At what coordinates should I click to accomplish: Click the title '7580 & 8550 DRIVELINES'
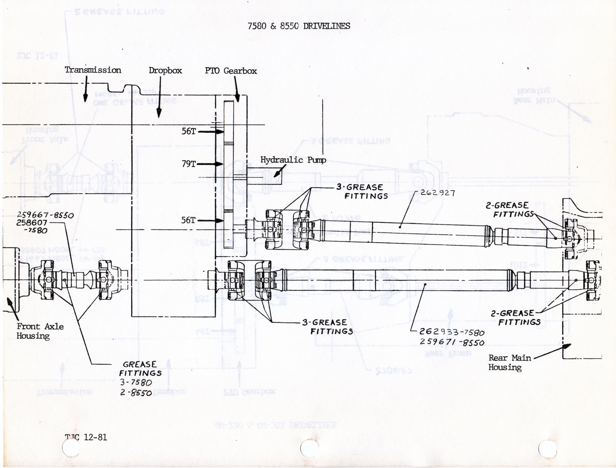pos(299,26)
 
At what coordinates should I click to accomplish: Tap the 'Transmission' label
pos(93,70)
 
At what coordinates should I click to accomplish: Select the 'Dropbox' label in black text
pos(165,71)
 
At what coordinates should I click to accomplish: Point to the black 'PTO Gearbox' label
pos(231,71)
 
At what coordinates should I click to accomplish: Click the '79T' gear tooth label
pos(189,164)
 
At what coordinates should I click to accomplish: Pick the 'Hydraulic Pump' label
pos(293,160)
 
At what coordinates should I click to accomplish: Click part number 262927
pos(438,193)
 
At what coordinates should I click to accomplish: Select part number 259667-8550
pos(45,215)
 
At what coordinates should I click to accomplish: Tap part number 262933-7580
pos(452,332)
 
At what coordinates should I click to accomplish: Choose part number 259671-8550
pos(452,342)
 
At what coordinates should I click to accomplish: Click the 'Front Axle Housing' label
pos(40,331)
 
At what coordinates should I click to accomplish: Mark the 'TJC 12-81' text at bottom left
pos(86,437)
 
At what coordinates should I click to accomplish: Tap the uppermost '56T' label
pos(189,131)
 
